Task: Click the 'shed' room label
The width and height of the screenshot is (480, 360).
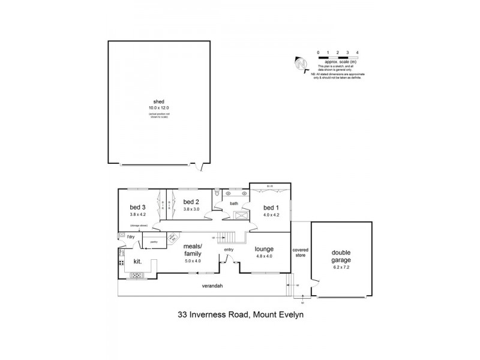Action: [159, 101]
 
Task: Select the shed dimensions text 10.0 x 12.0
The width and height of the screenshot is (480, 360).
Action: [159, 107]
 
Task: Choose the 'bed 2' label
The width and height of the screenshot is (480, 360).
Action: [191, 202]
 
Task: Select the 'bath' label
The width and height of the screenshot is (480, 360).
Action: [234, 203]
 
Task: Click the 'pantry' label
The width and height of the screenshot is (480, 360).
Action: [154, 242]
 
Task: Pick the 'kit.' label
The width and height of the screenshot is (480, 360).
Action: [137, 262]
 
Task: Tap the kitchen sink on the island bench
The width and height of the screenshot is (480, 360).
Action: [137, 275]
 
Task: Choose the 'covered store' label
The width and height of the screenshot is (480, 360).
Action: [300, 253]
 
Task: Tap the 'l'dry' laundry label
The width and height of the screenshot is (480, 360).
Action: [130, 238]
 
